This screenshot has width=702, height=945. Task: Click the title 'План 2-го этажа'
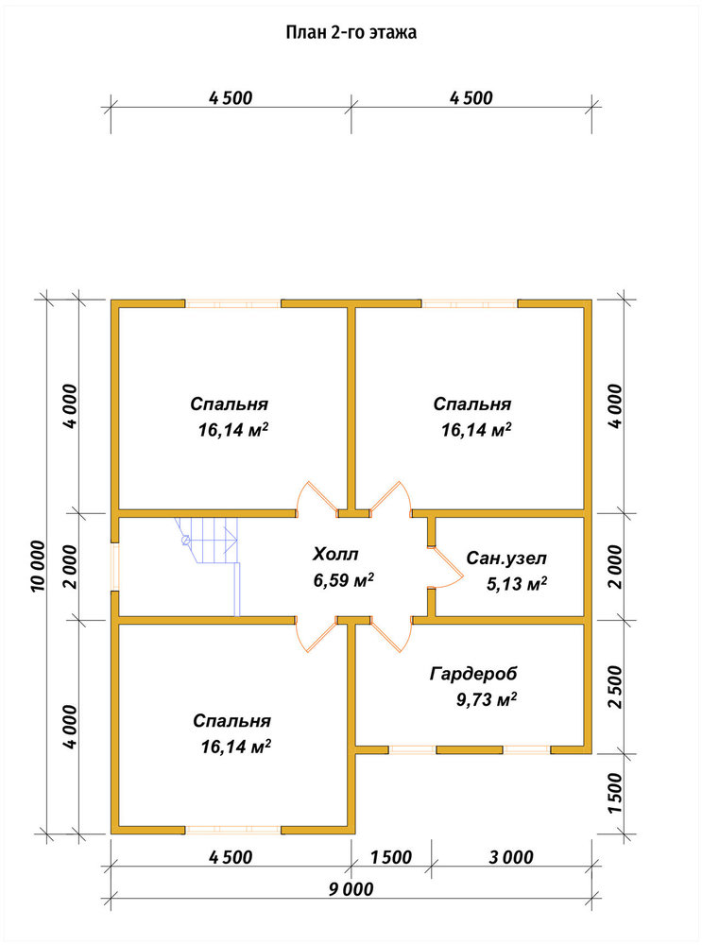click(x=351, y=32)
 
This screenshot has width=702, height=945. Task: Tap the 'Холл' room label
click(x=335, y=554)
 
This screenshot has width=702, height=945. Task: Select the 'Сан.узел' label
click(x=506, y=558)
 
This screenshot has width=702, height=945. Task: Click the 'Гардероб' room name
click(x=473, y=674)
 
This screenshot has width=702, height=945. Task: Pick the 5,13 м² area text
click(x=517, y=583)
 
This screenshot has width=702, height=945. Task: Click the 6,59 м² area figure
click(x=344, y=580)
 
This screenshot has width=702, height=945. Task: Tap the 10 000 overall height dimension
click(x=38, y=566)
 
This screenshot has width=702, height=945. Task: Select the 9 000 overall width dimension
click(x=351, y=889)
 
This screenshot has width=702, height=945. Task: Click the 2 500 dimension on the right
click(x=615, y=687)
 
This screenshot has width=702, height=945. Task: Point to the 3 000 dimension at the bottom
click(x=511, y=857)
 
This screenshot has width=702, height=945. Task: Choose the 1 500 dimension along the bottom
click(x=390, y=857)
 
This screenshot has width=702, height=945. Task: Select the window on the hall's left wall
click(x=114, y=567)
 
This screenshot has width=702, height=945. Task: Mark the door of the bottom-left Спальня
click(x=317, y=634)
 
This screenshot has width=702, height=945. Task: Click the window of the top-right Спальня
click(x=470, y=303)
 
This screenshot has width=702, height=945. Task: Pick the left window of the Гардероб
click(x=412, y=749)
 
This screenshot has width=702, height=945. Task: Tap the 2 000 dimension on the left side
click(x=70, y=566)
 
